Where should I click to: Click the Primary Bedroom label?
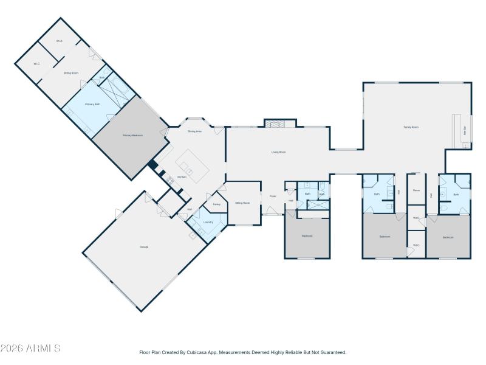click(x=132, y=135)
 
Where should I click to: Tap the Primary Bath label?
click(x=92, y=105)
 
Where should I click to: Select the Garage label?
click(x=144, y=247)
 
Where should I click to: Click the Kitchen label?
click(x=182, y=177)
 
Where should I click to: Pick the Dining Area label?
click(x=194, y=131)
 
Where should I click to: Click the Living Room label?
click(x=278, y=152)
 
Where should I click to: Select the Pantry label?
click(x=216, y=204)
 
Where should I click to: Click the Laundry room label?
click(x=208, y=222)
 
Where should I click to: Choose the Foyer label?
click(x=273, y=196)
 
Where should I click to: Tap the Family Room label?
click(x=411, y=127)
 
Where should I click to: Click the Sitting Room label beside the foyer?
click(x=242, y=203)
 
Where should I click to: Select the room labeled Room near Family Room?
click(x=416, y=190)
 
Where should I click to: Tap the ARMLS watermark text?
click(x=30, y=349)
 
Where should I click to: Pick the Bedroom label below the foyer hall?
click(x=307, y=236)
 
